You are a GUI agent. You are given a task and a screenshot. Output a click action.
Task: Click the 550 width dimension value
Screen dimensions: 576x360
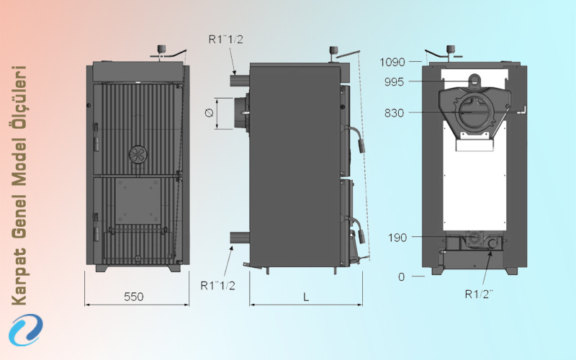(134, 297)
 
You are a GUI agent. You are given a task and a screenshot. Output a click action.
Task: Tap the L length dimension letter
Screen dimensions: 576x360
(306, 297)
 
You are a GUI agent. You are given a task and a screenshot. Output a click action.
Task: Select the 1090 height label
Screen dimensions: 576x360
(392, 62)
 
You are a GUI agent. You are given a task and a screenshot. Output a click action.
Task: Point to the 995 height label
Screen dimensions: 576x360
(394, 81)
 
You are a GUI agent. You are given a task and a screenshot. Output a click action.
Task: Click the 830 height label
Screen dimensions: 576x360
(394, 113)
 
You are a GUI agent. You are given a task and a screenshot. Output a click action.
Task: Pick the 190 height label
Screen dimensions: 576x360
(397, 238)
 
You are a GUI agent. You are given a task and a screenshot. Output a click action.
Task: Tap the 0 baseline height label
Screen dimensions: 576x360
(402, 276)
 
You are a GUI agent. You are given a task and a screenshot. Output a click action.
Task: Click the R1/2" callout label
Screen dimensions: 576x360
(479, 294)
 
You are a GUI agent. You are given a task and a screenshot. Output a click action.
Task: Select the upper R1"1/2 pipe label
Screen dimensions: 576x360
(226, 40)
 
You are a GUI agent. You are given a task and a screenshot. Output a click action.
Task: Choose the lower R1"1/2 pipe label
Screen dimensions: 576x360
(218, 285)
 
